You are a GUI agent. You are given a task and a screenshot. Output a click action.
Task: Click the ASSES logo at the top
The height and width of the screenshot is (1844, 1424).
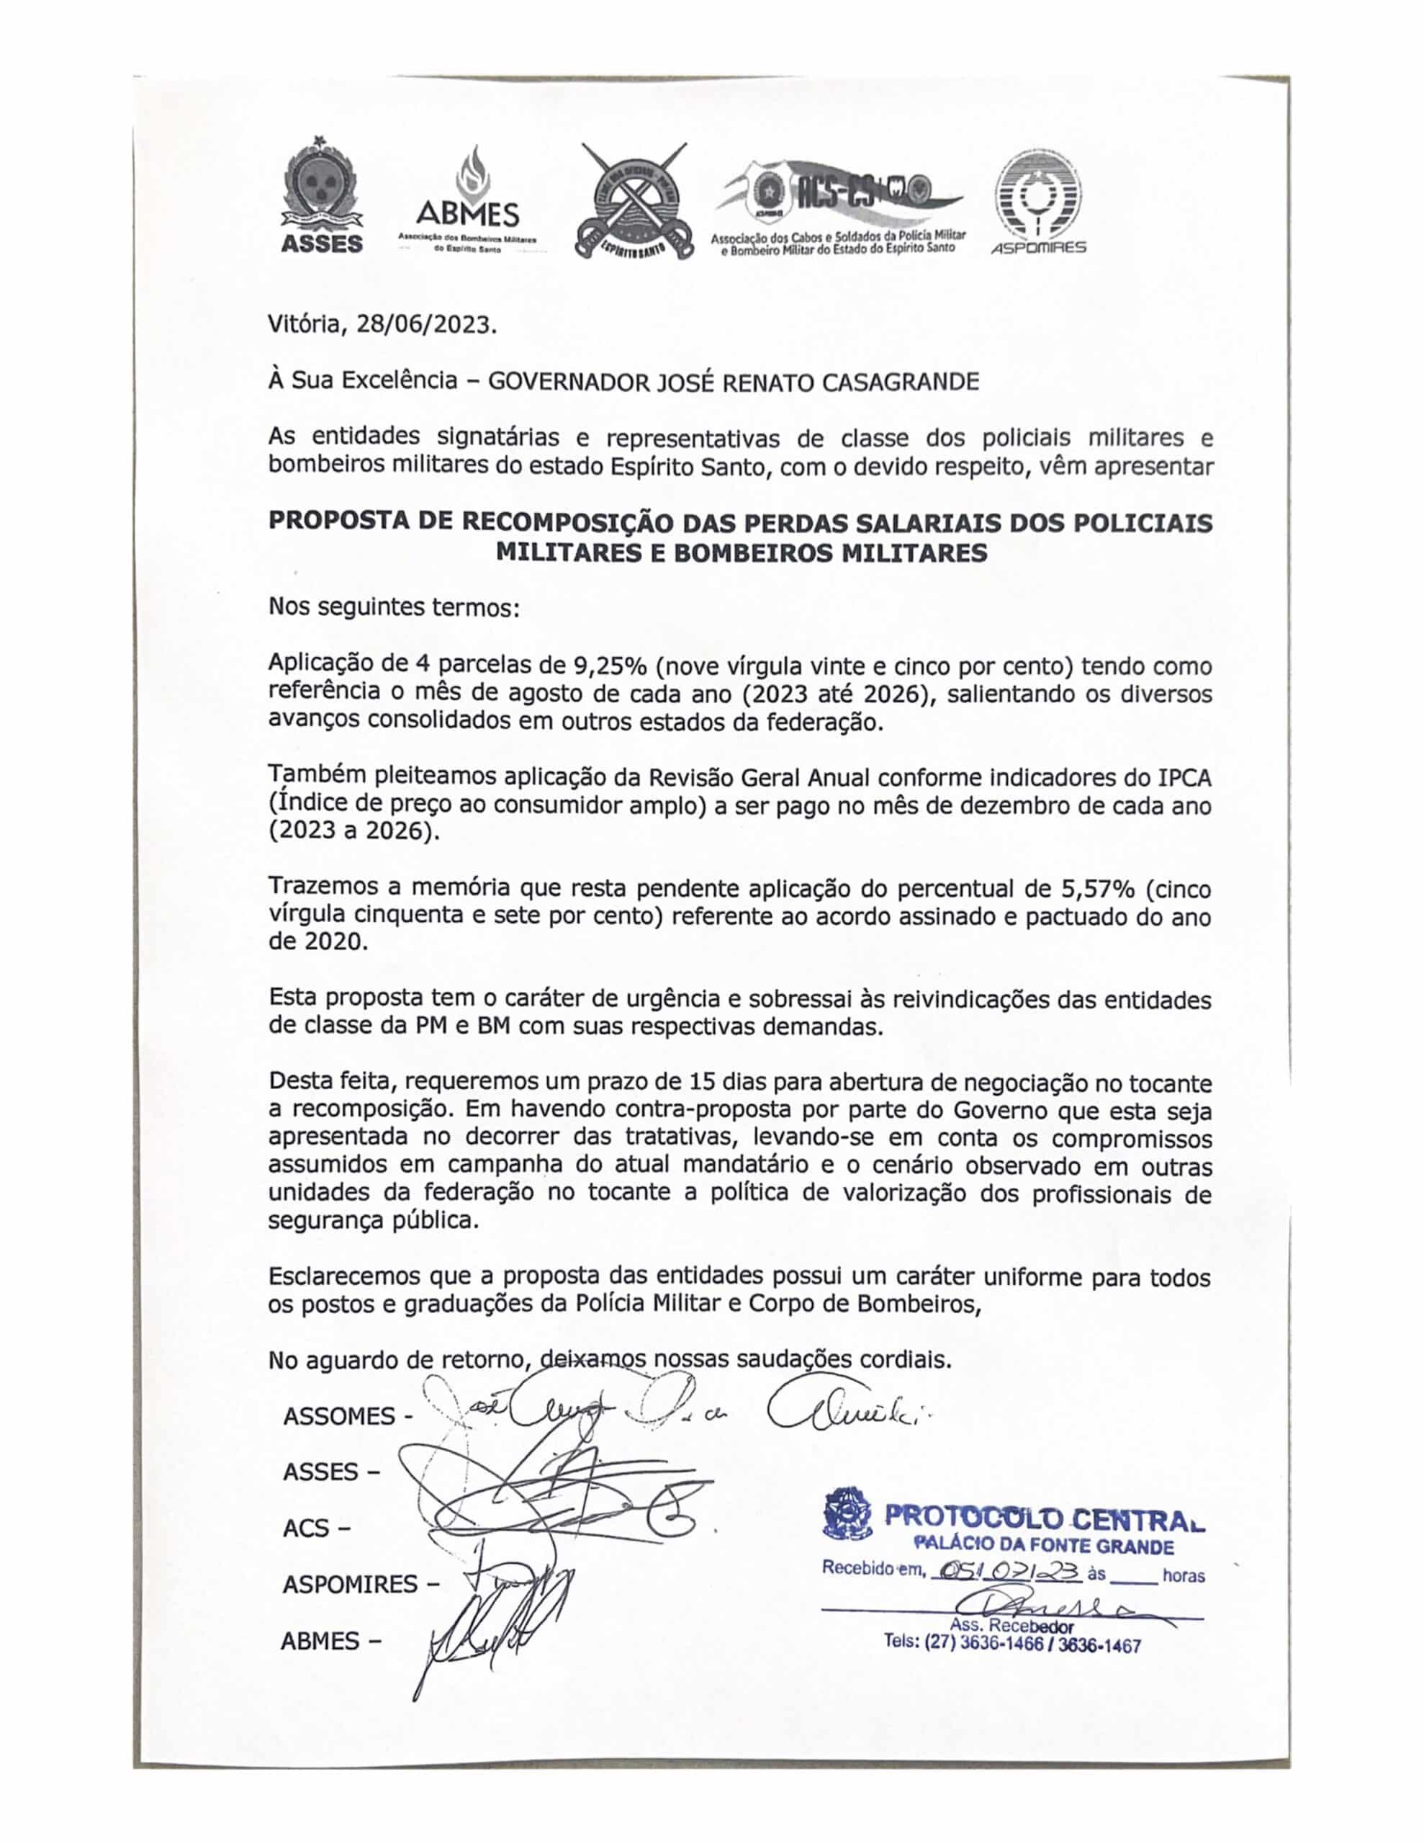click(321, 196)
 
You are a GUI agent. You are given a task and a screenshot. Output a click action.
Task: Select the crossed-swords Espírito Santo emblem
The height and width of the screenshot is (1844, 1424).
click(633, 200)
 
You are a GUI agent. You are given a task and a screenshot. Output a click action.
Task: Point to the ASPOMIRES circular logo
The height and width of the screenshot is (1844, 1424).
click(1038, 201)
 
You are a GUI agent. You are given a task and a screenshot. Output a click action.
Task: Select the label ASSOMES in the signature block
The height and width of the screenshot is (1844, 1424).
click(338, 1415)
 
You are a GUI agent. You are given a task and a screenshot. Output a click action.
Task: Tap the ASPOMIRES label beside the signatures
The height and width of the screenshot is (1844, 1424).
click(351, 1584)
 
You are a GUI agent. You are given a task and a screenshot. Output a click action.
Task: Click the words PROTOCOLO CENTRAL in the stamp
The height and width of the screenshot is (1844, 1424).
click(1044, 1517)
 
